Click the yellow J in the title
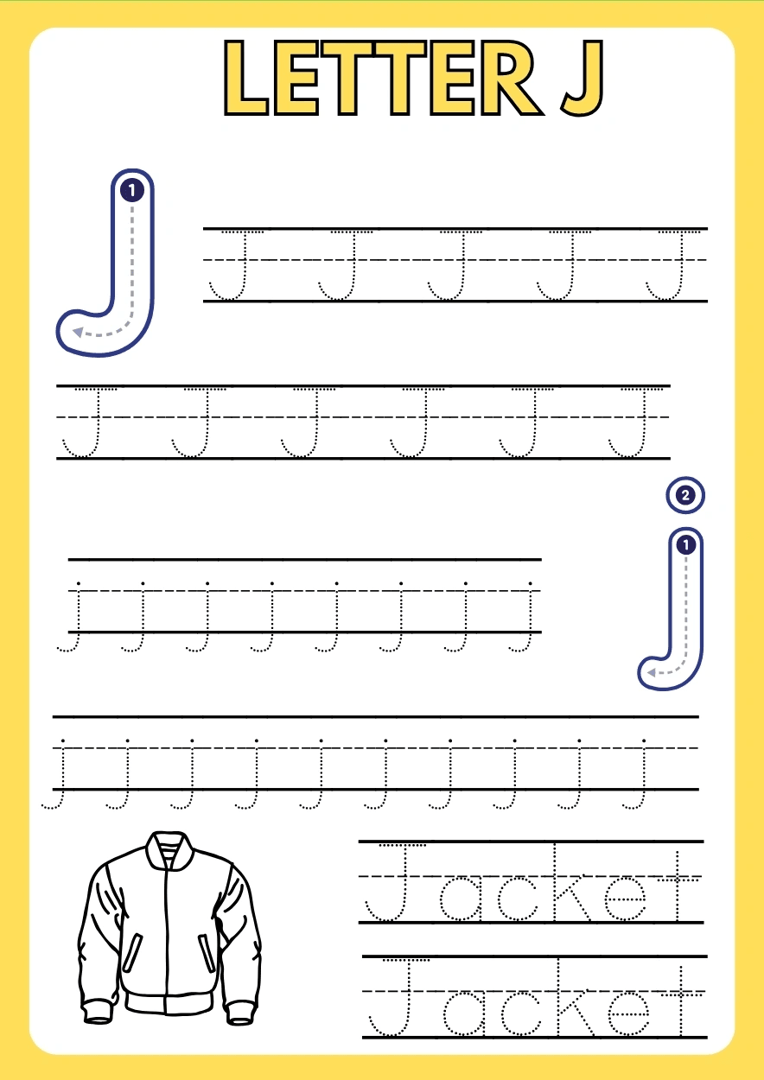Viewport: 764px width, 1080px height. pyautogui.click(x=583, y=78)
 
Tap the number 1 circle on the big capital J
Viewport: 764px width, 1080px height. pyautogui.click(x=131, y=190)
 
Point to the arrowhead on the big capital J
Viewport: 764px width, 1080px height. pyautogui.click(x=78, y=332)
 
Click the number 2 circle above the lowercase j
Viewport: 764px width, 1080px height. pyautogui.click(x=685, y=495)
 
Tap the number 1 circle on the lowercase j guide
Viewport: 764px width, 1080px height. pyautogui.click(x=686, y=545)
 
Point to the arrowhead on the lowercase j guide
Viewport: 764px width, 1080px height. pyautogui.click(x=651, y=672)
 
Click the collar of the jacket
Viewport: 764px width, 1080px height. pyautogui.click(x=169, y=853)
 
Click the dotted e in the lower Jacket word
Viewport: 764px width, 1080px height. pyautogui.click(x=628, y=1013)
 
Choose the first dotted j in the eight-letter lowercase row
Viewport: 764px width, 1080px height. pyautogui.click(x=73, y=618)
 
